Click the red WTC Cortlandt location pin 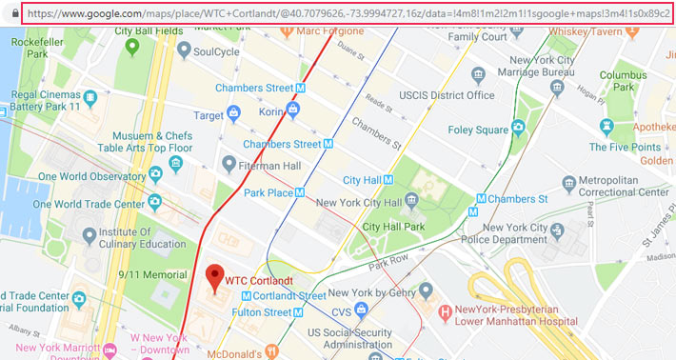(x=214, y=278)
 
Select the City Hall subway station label (x=362, y=180)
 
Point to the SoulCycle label (x=215, y=52)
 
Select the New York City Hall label (x=360, y=201)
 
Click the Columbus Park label (x=626, y=80)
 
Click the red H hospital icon (x=443, y=311)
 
